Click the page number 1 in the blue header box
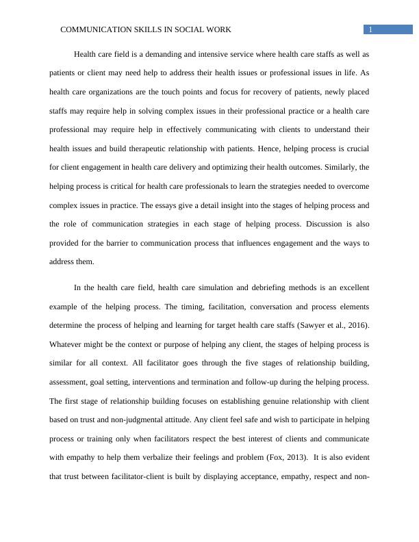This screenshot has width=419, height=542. point(370,29)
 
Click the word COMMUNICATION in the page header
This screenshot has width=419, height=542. point(94,29)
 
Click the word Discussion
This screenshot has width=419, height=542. point(324,224)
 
